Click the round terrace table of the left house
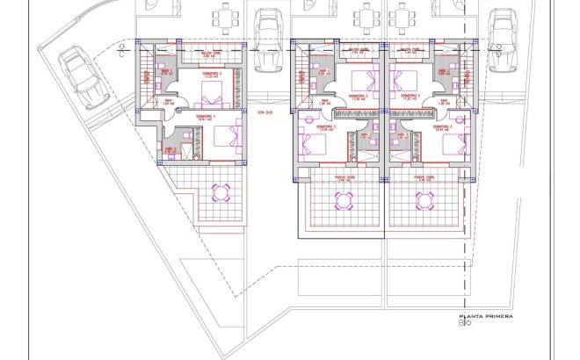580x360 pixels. click(x=221, y=192)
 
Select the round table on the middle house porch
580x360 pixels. click(x=344, y=201)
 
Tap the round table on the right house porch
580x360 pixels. click(x=425, y=201)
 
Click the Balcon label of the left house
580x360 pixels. click(x=210, y=54)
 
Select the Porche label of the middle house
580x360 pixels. click(x=344, y=176)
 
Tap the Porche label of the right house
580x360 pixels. click(x=425, y=176)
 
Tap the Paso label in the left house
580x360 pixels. click(x=166, y=102)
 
